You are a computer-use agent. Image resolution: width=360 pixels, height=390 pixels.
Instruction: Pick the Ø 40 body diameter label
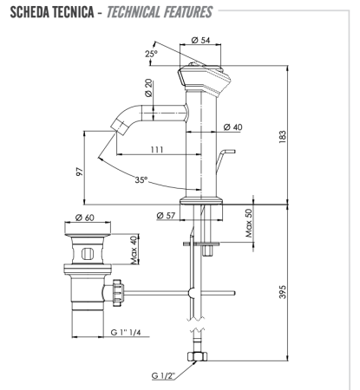tap(232, 127)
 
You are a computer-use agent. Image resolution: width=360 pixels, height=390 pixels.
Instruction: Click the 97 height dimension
tap(80, 171)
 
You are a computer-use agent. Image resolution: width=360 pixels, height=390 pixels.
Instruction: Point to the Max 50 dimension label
tap(249, 224)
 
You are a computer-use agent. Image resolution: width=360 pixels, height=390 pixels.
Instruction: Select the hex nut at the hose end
tap(201, 357)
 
